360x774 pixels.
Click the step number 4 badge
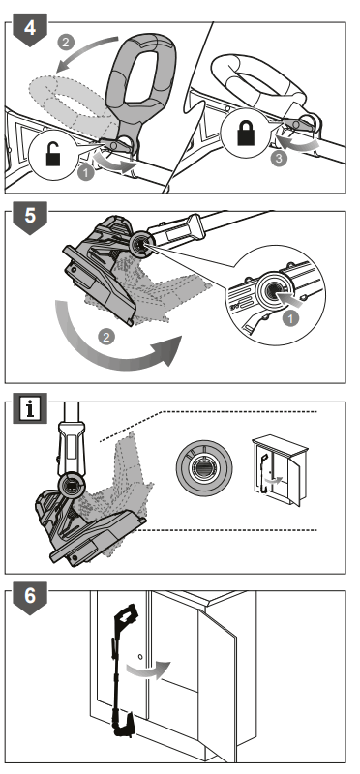coord(30,30)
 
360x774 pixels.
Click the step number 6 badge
coord(30,597)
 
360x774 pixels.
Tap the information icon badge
coord(30,408)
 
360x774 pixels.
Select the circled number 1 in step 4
coord(86,173)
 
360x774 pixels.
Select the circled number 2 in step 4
coord(66,42)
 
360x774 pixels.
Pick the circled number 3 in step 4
coord(280,160)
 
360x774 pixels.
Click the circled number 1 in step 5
coord(290,319)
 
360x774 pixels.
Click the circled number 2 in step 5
coord(105,338)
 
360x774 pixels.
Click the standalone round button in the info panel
coord(204,468)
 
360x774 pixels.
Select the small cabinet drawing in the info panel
coord(279,470)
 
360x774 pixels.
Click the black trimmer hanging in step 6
coord(122,670)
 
